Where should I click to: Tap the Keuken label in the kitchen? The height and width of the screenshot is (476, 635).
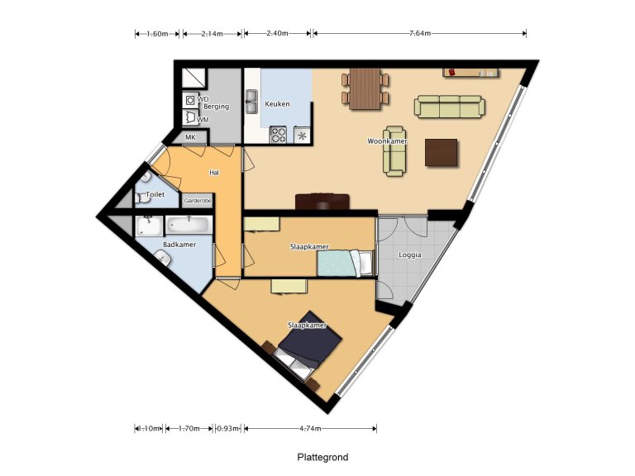pos(277,105)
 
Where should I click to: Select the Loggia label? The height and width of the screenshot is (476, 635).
pos(409,255)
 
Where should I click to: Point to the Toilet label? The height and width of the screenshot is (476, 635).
pos(155,194)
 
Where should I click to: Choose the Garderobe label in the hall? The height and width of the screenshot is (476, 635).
pos(198,200)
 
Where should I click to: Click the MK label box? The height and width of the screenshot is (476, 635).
pos(190,137)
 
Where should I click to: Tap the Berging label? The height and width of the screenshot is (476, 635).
pos(217,107)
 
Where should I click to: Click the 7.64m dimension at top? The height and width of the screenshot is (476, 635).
pos(419,34)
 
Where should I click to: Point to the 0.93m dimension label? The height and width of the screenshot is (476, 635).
pos(227,429)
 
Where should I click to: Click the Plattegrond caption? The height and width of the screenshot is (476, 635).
pos(323,457)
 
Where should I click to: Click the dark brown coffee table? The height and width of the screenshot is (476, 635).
pos(441,153)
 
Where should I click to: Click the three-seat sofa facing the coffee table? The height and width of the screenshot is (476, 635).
pos(450,106)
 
